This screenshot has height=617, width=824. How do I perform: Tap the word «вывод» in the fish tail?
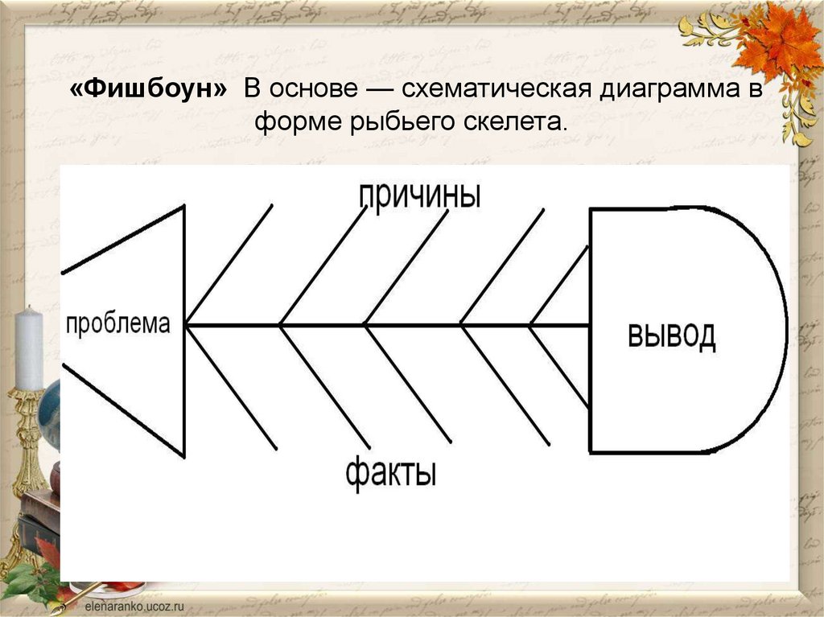(x=671, y=335)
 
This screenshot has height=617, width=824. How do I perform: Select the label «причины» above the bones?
(x=419, y=195)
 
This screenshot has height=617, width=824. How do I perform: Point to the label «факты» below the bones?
(x=392, y=472)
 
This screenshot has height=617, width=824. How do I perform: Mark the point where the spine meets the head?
(x=186, y=325)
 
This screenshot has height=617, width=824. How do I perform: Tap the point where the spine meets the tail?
(x=590, y=325)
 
